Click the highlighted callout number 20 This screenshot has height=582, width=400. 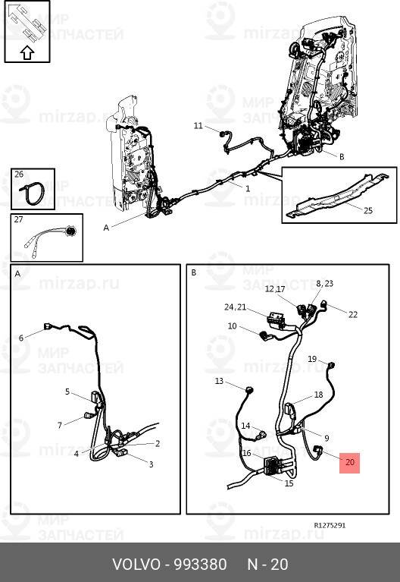click(350, 462)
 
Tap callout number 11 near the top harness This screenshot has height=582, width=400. click(198, 126)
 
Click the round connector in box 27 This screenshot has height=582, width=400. click(70, 231)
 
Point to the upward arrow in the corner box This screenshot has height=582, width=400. click(27, 52)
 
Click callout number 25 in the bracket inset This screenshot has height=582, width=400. click(367, 210)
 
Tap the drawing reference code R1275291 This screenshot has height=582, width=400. click(330, 525)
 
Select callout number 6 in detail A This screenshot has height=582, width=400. click(21, 338)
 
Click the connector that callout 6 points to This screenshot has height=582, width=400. click(48, 326)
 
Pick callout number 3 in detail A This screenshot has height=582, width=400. click(151, 464)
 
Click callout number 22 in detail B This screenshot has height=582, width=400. click(353, 315)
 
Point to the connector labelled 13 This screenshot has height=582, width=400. click(250, 390)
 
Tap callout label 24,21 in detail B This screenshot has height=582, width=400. click(235, 307)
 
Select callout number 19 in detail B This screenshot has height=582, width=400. click(312, 359)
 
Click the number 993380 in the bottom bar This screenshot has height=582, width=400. click(200, 565)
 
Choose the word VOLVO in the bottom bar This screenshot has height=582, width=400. click(136, 565)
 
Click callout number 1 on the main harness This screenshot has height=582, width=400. click(248, 188)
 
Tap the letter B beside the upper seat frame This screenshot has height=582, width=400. click(342, 156)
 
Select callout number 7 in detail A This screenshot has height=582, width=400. click(60, 426)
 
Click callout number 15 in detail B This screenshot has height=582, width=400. click(289, 483)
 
